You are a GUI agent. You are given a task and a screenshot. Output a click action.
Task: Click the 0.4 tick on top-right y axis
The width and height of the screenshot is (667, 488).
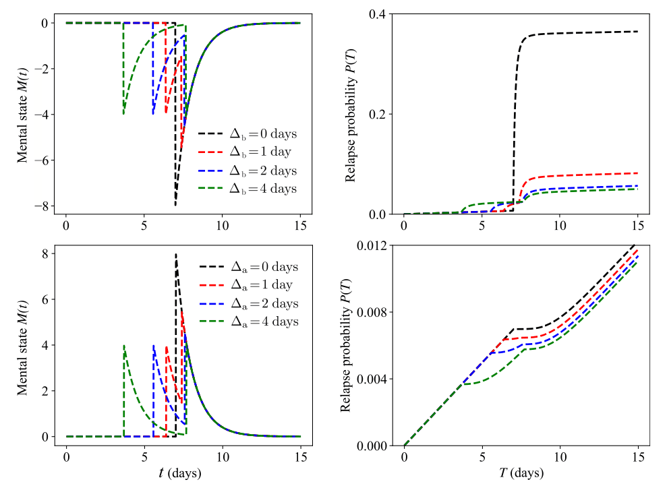[380, 15]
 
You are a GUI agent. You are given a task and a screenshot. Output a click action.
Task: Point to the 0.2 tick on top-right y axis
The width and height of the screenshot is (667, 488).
[380, 114]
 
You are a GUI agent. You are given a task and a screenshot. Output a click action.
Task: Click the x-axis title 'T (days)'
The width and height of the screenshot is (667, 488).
[520, 473]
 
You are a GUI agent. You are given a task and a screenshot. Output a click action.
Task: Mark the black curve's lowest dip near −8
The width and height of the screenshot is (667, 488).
[175, 206]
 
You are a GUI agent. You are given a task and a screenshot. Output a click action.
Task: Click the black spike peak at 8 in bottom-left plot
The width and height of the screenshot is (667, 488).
[176, 254]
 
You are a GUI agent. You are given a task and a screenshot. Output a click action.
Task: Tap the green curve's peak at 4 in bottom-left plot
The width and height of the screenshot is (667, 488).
[124, 345]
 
